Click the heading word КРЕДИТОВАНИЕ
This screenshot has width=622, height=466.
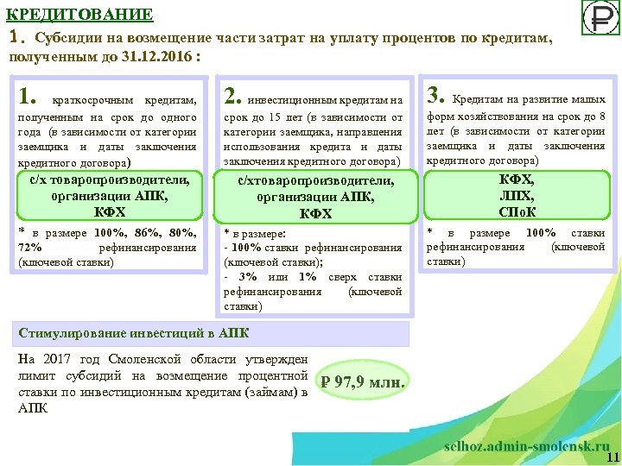click(80, 15)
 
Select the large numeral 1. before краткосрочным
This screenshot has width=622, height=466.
click(29, 94)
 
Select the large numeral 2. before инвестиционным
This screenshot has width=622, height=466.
click(233, 94)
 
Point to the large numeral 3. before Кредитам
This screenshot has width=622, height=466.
click(436, 94)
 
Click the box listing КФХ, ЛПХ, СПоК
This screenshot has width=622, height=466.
click(517, 195)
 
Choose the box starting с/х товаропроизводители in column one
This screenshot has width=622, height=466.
click(109, 196)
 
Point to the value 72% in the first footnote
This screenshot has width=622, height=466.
click(30, 248)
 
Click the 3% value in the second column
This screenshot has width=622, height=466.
click(247, 276)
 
